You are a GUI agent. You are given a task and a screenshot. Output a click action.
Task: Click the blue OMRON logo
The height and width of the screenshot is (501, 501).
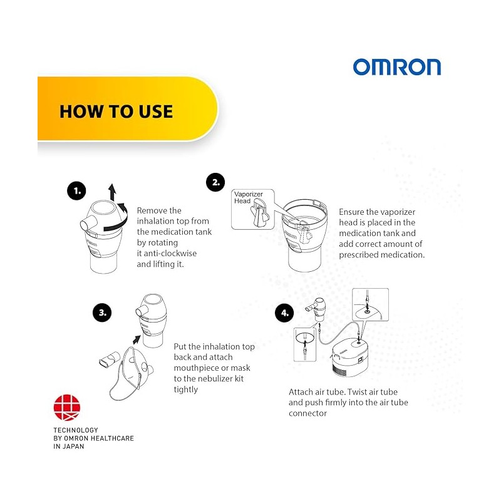click(397, 67)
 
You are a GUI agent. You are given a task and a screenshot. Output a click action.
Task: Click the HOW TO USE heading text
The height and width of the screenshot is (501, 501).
click(116, 111)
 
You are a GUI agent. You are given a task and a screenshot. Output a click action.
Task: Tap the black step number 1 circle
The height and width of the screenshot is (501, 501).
click(76, 191)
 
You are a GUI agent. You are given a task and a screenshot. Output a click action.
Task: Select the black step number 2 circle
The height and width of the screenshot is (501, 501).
click(215, 182)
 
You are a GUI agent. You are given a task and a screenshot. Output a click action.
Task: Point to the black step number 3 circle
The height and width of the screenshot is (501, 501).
click(102, 312)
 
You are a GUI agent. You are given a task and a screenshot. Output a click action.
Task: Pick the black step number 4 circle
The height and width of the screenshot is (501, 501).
click(284, 312)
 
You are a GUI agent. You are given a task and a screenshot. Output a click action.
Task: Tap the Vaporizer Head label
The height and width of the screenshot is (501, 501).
click(248, 197)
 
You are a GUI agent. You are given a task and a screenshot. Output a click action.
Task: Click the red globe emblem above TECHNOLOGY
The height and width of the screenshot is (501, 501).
click(67, 408)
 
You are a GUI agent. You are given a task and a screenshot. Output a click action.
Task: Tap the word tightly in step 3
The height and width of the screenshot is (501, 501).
click(185, 390)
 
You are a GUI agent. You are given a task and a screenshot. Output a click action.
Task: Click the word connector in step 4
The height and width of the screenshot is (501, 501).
click(307, 413)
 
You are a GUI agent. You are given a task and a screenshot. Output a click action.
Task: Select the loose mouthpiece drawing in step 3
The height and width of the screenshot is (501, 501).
click(109, 359)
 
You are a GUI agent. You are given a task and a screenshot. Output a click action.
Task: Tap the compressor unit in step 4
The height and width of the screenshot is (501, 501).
click(349, 356)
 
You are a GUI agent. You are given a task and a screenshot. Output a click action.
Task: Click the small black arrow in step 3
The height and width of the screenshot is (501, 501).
click(137, 339)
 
